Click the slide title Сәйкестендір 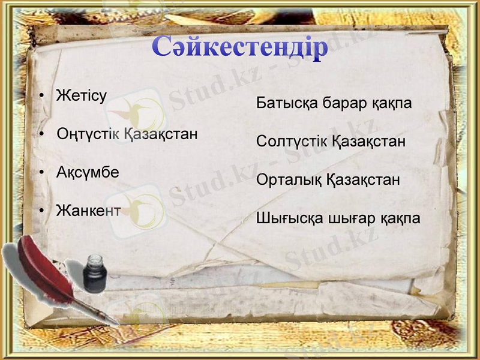(x=240, y=47)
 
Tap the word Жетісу (x=81, y=95)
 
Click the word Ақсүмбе (x=88, y=172)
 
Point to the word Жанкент (x=88, y=211)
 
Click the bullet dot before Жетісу (x=42, y=96)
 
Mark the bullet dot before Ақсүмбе (x=42, y=173)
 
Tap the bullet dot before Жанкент (x=42, y=211)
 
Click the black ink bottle (x=94, y=272)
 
